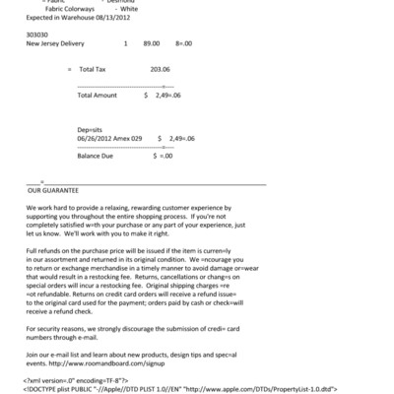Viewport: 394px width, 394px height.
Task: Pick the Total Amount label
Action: pos(98,96)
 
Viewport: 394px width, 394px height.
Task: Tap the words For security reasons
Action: pos(60,326)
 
